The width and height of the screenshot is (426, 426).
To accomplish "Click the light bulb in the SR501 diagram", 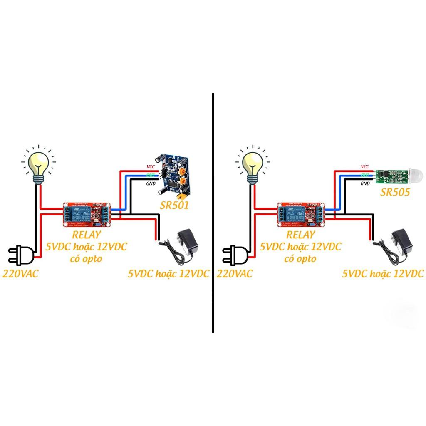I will pos(39,165).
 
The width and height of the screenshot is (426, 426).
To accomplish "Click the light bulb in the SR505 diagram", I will pos(253,165).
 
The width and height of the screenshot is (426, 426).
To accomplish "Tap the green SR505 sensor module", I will pos(389,176).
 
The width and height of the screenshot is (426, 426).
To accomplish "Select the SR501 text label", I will pos(175,205).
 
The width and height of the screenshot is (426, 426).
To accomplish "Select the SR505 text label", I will pos(395,192).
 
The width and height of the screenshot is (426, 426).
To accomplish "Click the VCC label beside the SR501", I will pos(151,166).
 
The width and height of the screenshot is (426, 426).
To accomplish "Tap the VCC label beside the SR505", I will pos(365,166).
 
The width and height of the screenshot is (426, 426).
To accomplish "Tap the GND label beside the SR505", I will pos(365,183).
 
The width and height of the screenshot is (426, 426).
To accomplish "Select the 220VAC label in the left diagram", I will pos(21,274).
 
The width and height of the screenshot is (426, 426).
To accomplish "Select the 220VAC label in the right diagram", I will pos(235,274).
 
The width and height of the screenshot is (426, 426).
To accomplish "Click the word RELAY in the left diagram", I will pos(87,234).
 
